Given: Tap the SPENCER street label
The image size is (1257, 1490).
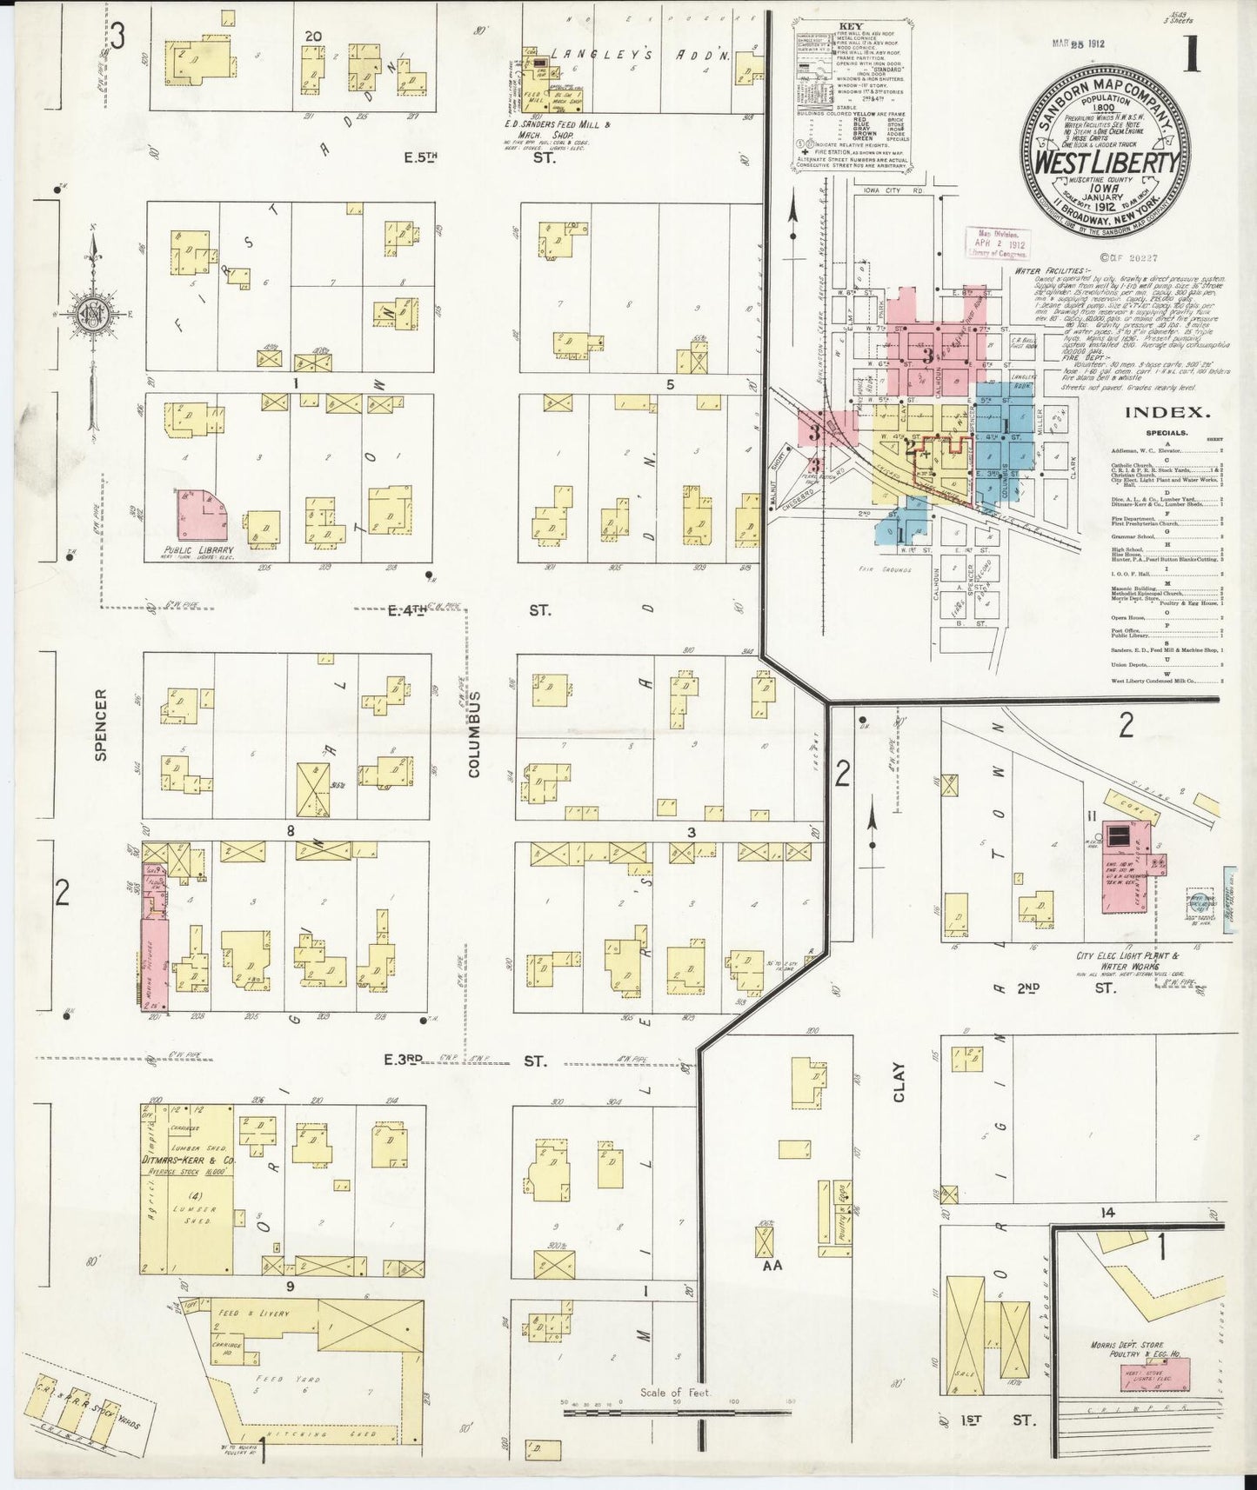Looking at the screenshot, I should [x=100, y=737].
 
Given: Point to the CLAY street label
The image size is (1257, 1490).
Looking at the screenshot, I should [x=899, y=1081].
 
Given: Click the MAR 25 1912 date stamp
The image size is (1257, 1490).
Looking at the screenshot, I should [x=1077, y=44].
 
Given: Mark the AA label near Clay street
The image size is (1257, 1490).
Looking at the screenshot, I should [x=772, y=1266].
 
